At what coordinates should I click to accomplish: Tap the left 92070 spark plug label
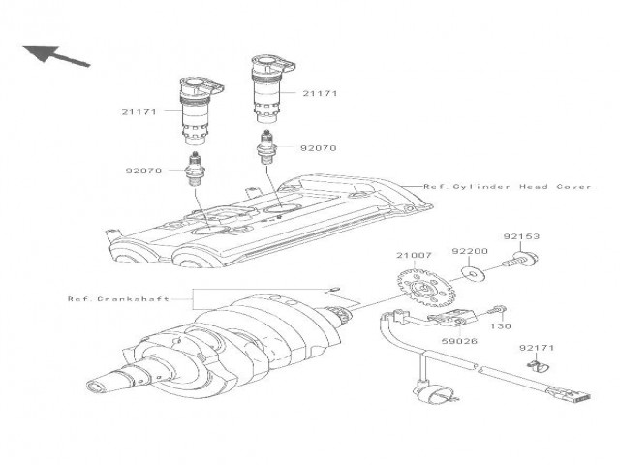pos(144,170)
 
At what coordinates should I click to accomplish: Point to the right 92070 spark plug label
pos(318,149)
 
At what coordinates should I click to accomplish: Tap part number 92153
pos(521,235)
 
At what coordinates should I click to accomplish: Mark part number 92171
pos(534,346)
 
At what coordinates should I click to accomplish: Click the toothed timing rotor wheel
pos(422,288)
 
